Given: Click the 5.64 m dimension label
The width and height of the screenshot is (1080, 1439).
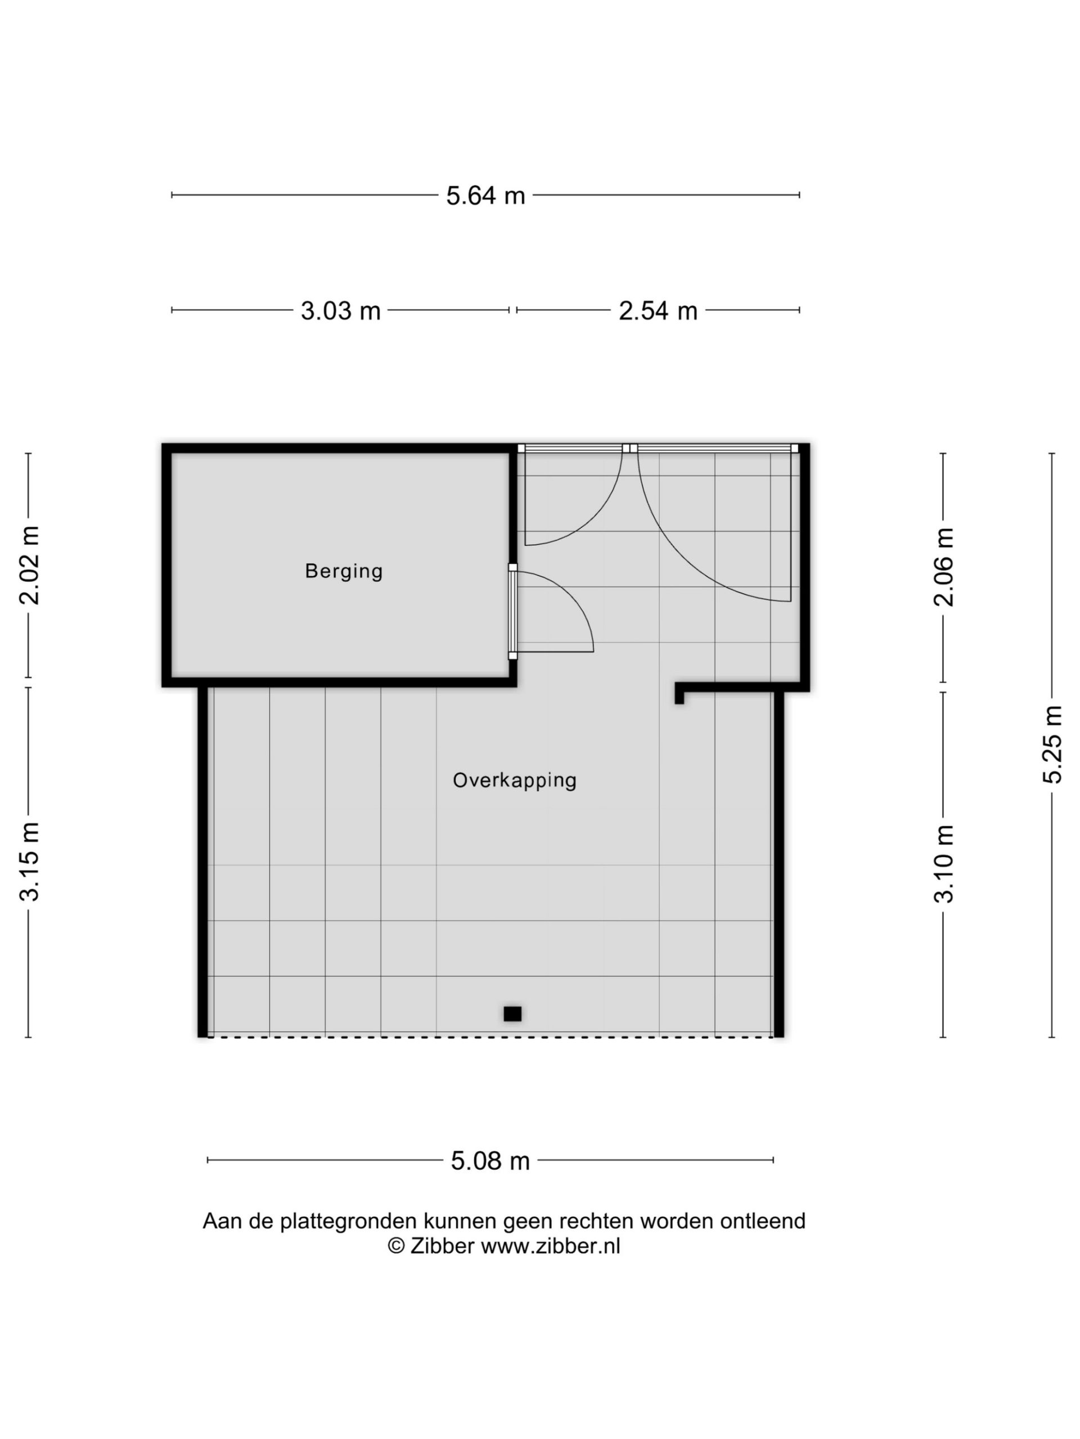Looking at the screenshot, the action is tap(485, 195).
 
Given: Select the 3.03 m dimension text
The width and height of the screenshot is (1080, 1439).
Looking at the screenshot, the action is tap(340, 310).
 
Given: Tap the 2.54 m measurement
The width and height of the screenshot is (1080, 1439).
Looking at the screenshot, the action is tap(658, 310).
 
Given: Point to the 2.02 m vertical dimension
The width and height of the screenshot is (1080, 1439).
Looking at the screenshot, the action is tap(29, 565).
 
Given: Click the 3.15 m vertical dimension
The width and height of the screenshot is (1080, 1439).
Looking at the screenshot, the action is tap(29, 861).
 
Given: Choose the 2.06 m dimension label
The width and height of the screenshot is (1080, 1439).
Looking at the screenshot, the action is tap(943, 567).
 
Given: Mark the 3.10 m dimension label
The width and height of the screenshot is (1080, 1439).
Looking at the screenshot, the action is tap(943, 864).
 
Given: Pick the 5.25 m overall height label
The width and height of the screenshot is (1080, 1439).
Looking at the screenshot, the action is tap(1052, 744).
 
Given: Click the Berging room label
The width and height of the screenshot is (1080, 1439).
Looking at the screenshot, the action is tap(344, 571).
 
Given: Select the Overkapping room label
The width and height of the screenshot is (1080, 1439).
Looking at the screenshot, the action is tap(514, 780).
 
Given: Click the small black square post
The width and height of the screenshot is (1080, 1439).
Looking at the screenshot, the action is tap(512, 1013).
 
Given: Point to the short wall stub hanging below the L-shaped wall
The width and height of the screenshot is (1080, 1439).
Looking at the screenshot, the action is tap(679, 696).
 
